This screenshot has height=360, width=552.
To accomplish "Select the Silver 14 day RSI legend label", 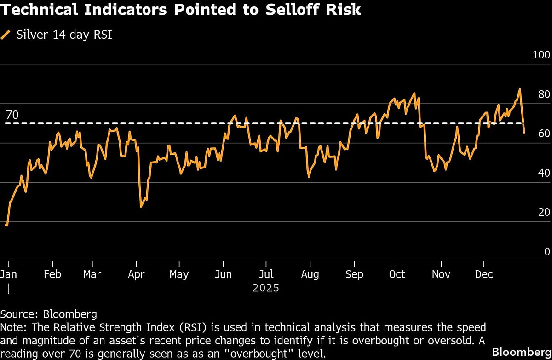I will tap(64, 35).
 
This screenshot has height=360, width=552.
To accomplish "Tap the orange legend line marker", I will tap(6, 35).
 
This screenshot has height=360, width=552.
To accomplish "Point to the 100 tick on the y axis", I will tap(541, 55).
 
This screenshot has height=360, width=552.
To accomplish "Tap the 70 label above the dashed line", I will tap(12, 115).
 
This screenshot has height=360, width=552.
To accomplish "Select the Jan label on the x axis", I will tap(8, 274).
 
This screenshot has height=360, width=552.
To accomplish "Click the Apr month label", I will tap(136, 274).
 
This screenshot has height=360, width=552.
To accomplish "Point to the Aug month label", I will tap(310, 274).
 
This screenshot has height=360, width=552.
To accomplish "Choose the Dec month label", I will tap(483, 274).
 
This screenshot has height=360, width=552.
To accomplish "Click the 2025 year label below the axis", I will tap(266, 288).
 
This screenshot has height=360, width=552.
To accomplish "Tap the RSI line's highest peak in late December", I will tap(520, 89).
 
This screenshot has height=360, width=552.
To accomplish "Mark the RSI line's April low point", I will tap(141, 207).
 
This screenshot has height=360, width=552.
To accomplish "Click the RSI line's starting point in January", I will tap(6, 225).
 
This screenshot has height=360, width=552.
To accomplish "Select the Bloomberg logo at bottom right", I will tap(521, 352).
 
